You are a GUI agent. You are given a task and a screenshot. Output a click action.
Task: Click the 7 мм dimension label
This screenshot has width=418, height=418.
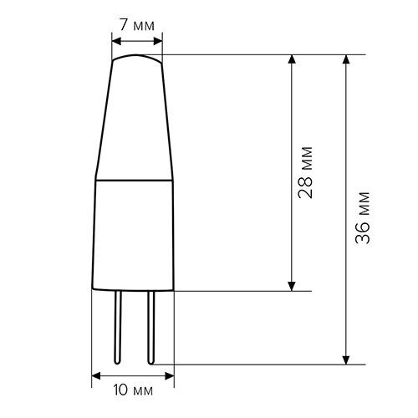pos(137,25)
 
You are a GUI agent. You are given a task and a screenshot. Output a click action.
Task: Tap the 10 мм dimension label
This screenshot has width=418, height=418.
pos(133,390)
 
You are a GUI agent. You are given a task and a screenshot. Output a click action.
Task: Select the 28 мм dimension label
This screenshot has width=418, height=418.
pos(305,172)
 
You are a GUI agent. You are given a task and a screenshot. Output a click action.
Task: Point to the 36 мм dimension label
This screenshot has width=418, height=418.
pos(363,217)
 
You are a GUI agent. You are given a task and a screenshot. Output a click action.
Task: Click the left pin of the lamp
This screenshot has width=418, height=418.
pos(118,328)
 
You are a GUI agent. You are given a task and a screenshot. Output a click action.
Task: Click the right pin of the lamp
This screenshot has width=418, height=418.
pos(150,328)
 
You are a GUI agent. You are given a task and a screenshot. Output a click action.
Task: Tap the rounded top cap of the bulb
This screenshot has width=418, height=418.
pos(136,56)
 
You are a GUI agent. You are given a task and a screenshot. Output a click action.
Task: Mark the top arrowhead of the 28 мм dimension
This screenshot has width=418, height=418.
pos(292,59)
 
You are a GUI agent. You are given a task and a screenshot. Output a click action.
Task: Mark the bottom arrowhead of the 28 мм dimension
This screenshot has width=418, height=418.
pos(292,286)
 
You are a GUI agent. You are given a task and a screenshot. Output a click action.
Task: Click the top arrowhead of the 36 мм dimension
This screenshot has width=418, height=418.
pos(346,59)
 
